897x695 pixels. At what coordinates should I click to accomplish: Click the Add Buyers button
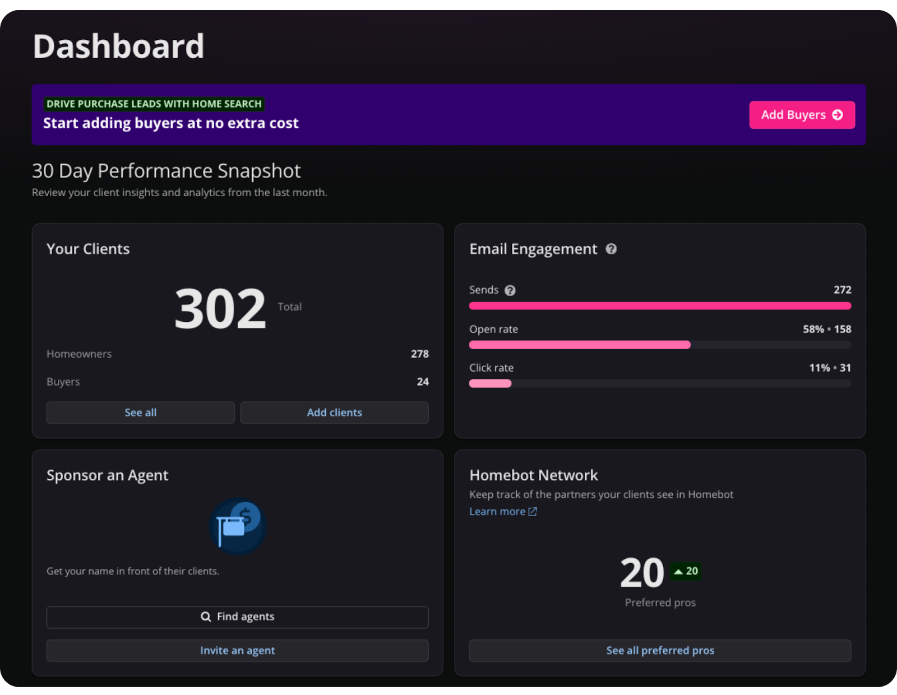(802, 115)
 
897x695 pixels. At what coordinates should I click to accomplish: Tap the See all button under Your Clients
(140, 413)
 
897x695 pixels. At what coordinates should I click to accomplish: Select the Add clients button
(334, 413)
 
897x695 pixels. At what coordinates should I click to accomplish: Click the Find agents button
(237, 617)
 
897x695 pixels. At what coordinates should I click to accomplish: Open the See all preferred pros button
(660, 650)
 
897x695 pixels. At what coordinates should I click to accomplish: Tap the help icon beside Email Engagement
(611, 249)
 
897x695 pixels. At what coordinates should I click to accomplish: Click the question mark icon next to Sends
(510, 290)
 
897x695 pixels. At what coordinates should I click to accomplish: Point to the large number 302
(220, 308)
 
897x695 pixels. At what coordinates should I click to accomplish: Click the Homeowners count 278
(419, 354)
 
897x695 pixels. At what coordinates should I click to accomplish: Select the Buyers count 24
(423, 382)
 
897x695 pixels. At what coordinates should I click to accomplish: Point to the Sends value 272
(842, 290)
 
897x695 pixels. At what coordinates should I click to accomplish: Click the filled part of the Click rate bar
(490, 383)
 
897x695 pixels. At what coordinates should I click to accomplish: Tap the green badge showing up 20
(686, 571)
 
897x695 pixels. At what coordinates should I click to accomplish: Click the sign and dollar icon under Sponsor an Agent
(238, 526)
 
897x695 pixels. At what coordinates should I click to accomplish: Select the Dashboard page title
(118, 46)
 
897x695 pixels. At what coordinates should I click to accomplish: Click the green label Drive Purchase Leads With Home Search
(154, 104)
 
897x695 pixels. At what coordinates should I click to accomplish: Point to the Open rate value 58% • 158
(826, 329)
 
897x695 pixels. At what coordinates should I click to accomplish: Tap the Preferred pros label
(660, 603)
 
